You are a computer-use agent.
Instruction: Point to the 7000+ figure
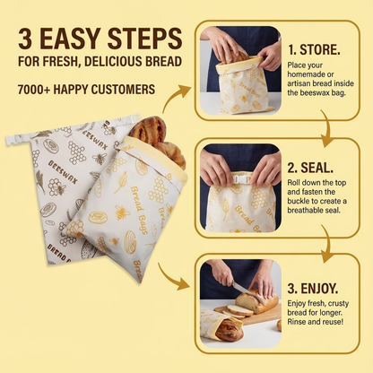click(x=37, y=89)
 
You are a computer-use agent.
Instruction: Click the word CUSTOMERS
click(x=123, y=89)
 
